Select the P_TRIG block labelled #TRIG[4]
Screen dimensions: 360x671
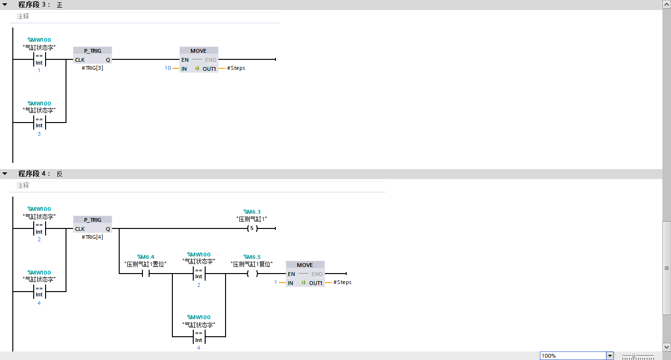[x=93, y=224]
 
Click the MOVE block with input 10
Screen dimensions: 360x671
[x=198, y=59]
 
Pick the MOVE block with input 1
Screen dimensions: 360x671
[x=305, y=274]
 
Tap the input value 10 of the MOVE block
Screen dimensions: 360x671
[x=168, y=68]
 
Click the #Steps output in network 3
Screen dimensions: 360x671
[x=236, y=68]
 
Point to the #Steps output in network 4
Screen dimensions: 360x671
[x=342, y=282]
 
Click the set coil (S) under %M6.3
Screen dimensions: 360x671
[x=252, y=228]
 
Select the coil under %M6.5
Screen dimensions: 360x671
[x=252, y=274]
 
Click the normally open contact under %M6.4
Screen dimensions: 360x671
[x=145, y=274]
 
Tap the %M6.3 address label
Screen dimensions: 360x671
[x=252, y=212]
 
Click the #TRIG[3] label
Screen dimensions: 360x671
[x=93, y=68]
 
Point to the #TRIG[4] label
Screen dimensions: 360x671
[x=93, y=237]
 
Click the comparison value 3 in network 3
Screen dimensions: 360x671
[x=39, y=134]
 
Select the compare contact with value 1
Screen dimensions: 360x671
[x=39, y=59]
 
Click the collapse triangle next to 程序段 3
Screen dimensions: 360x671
[x=5, y=5]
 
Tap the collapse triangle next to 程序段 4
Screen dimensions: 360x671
[x=5, y=174]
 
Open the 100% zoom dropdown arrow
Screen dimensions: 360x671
[x=610, y=356]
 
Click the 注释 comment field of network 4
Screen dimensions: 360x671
[x=23, y=185]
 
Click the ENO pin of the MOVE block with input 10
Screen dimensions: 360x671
[x=210, y=60]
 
